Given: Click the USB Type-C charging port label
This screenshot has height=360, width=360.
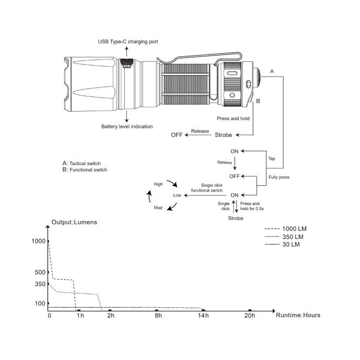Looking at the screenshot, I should [128, 42].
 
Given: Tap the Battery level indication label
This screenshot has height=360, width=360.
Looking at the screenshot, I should [127, 126].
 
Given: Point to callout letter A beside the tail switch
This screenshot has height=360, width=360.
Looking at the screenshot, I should [272, 72].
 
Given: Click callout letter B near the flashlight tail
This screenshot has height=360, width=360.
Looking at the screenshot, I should [258, 101].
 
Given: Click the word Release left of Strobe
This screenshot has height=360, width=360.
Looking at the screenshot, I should [200, 131].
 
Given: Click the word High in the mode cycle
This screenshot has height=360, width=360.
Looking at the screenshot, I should [158, 184].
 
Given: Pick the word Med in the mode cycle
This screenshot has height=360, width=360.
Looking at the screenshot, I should [158, 208].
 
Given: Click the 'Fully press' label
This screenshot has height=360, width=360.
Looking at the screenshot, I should [279, 177].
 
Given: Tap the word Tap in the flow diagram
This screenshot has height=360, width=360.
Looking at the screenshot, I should [271, 159].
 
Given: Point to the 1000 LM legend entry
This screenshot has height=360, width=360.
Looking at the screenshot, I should [292, 229].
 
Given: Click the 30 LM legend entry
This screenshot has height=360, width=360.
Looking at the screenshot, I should [290, 244].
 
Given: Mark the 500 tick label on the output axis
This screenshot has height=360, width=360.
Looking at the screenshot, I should [40, 272].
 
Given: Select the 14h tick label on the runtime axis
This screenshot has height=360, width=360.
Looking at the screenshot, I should [203, 316].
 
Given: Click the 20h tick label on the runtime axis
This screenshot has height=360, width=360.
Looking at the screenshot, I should [250, 316].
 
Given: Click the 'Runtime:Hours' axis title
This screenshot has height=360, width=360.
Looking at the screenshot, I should [298, 315].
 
